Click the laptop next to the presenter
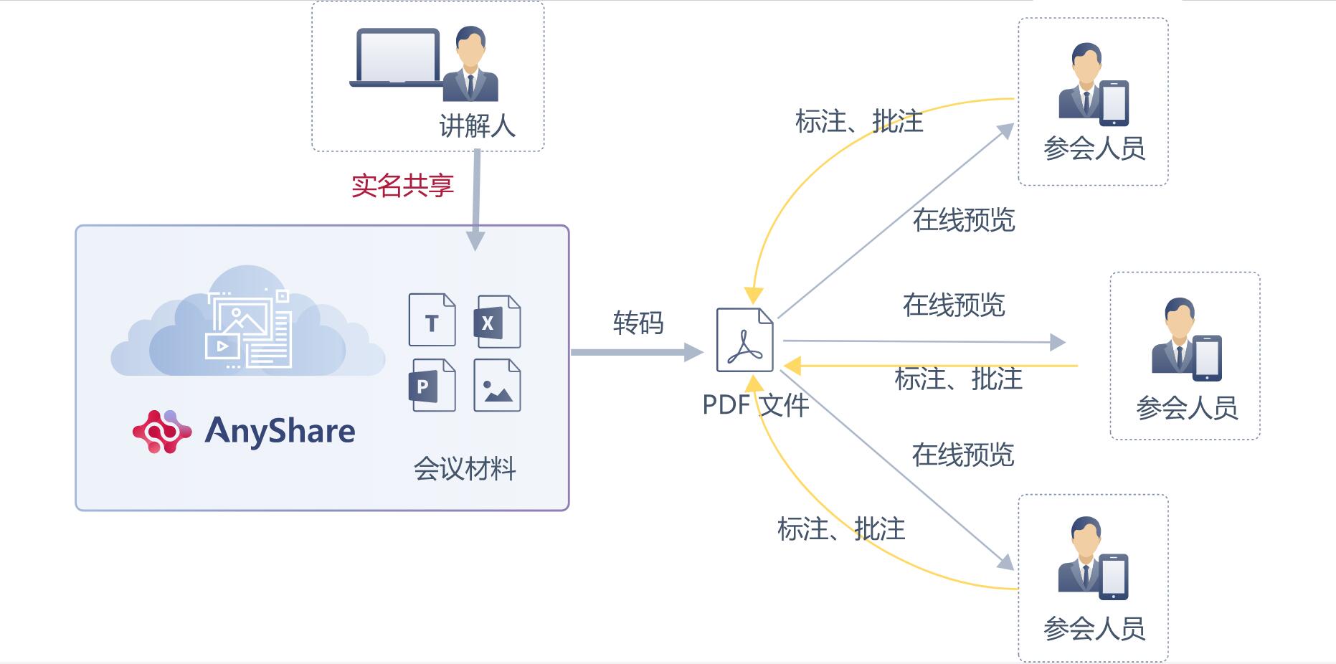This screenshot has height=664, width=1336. pyautogui.click(x=397, y=58)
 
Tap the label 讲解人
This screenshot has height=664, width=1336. pyautogui.click(x=477, y=126)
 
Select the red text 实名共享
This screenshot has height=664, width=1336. pyautogui.click(x=402, y=186)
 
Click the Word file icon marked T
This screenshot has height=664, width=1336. pyautogui.click(x=432, y=321)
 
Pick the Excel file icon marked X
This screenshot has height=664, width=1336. pyautogui.click(x=497, y=322)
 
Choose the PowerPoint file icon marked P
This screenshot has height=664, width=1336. pyautogui.click(x=432, y=385)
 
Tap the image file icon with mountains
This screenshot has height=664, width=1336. pyautogui.click(x=497, y=386)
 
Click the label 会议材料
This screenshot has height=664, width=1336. pyautogui.click(x=465, y=469)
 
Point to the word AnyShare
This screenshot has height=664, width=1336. pyautogui.click(x=280, y=431)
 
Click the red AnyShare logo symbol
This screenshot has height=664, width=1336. pyautogui.click(x=162, y=432)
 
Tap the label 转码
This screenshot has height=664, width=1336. pyautogui.click(x=638, y=323)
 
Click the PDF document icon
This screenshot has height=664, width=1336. pyautogui.click(x=745, y=340)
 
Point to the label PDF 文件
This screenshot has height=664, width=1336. pyautogui.click(x=755, y=405)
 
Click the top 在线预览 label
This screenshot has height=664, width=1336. pyautogui.click(x=964, y=220)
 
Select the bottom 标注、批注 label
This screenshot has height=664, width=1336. pyautogui.click(x=841, y=529)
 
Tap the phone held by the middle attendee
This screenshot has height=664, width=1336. pyautogui.click(x=1207, y=357)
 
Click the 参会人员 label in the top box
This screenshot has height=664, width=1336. pyautogui.click(x=1094, y=148)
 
